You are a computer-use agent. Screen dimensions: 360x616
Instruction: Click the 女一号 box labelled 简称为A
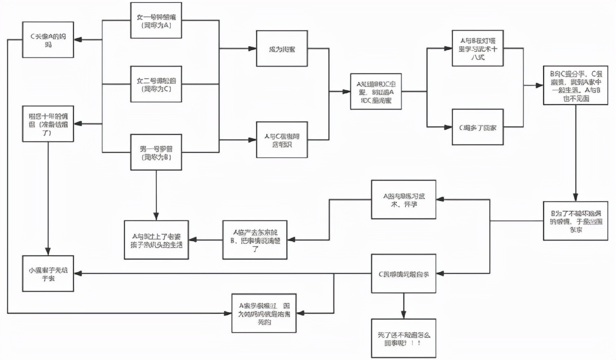click(156, 21)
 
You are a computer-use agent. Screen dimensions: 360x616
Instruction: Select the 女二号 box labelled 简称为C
click(156, 84)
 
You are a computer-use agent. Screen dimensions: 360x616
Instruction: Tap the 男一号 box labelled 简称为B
click(156, 152)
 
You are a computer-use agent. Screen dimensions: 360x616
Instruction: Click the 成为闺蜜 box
click(282, 49)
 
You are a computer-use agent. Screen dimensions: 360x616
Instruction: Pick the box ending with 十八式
click(479, 49)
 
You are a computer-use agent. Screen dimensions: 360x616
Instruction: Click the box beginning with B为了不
click(576, 220)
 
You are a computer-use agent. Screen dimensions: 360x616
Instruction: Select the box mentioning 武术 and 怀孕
click(404, 200)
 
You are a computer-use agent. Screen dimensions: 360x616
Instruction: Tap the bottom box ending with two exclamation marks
click(404, 338)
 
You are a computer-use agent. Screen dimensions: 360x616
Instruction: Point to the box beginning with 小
click(48, 273)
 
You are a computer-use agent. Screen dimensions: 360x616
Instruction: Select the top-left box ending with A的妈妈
click(48, 40)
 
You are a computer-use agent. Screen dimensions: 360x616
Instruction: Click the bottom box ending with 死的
click(263, 313)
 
